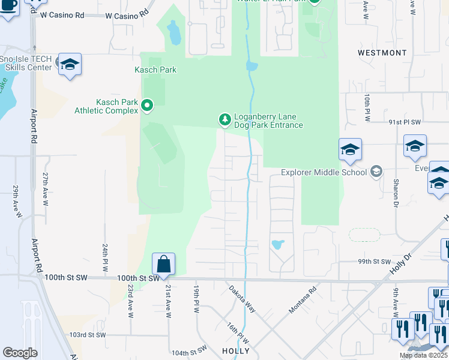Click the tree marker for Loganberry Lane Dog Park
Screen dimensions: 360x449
tap(225, 120)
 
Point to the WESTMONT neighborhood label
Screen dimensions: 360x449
tap(382, 53)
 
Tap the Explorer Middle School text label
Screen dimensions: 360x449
tap(324, 173)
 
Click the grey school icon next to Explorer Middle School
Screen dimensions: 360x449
tap(376, 172)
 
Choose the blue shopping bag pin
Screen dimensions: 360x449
tap(163, 265)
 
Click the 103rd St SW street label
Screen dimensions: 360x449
tap(88, 335)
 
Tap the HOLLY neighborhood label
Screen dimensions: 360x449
tap(235, 350)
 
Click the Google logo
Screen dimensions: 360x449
tap(20, 353)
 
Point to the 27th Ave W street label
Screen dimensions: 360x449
tap(45, 188)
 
